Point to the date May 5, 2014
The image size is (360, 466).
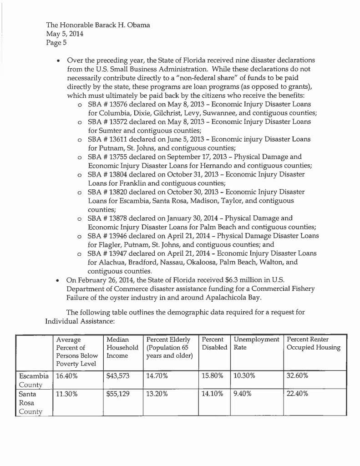(x=65, y=33)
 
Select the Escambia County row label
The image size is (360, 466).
(x=33, y=381)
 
